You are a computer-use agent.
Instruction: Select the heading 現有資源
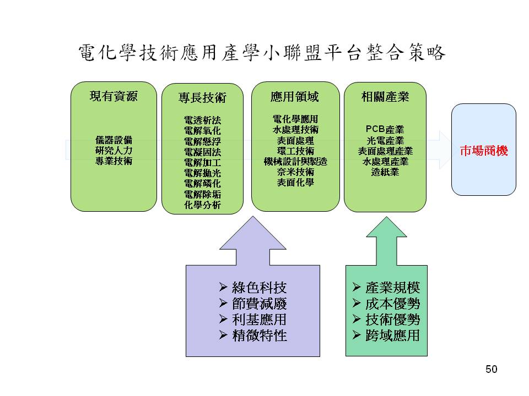click(x=114, y=97)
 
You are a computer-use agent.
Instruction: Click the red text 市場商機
click(x=483, y=150)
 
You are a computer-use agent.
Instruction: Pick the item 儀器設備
click(x=114, y=140)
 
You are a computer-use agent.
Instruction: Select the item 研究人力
click(x=114, y=150)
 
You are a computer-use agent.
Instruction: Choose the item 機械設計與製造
click(x=295, y=161)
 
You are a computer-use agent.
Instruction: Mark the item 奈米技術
click(x=295, y=172)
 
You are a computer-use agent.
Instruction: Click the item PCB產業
click(x=385, y=130)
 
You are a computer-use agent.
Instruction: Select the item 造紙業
click(x=385, y=172)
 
